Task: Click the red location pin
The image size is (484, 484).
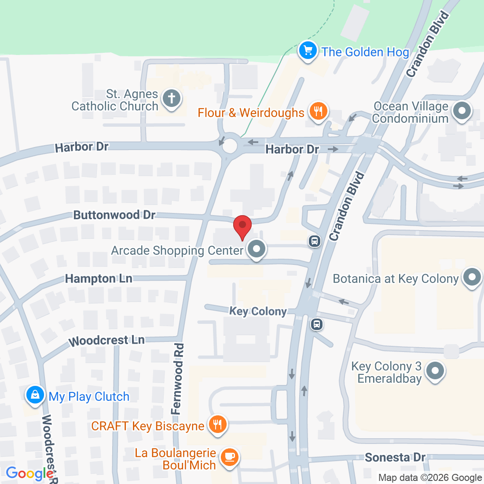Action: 242,226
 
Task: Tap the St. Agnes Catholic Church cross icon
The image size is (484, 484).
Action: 172,99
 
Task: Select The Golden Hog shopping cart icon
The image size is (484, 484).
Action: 308,51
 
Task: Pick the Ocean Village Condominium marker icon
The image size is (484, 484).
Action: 462,110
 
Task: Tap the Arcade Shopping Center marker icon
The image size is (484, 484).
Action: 257,249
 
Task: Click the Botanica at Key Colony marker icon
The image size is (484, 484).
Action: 472,278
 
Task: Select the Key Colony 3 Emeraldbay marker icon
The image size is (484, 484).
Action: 435,370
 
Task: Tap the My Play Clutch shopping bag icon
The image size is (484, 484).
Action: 35,395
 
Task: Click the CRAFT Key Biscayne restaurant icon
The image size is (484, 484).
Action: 217,425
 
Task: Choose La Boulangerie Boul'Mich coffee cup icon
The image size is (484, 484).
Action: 229,458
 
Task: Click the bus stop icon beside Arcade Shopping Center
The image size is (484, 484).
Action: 314,241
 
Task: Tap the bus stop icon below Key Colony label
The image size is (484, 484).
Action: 316,325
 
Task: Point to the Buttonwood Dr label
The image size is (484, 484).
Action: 114,215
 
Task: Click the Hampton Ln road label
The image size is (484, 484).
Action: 99,279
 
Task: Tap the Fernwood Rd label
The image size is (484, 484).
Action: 177,379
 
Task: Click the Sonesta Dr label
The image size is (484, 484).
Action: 395,457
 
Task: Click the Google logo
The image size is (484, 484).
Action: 29,473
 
